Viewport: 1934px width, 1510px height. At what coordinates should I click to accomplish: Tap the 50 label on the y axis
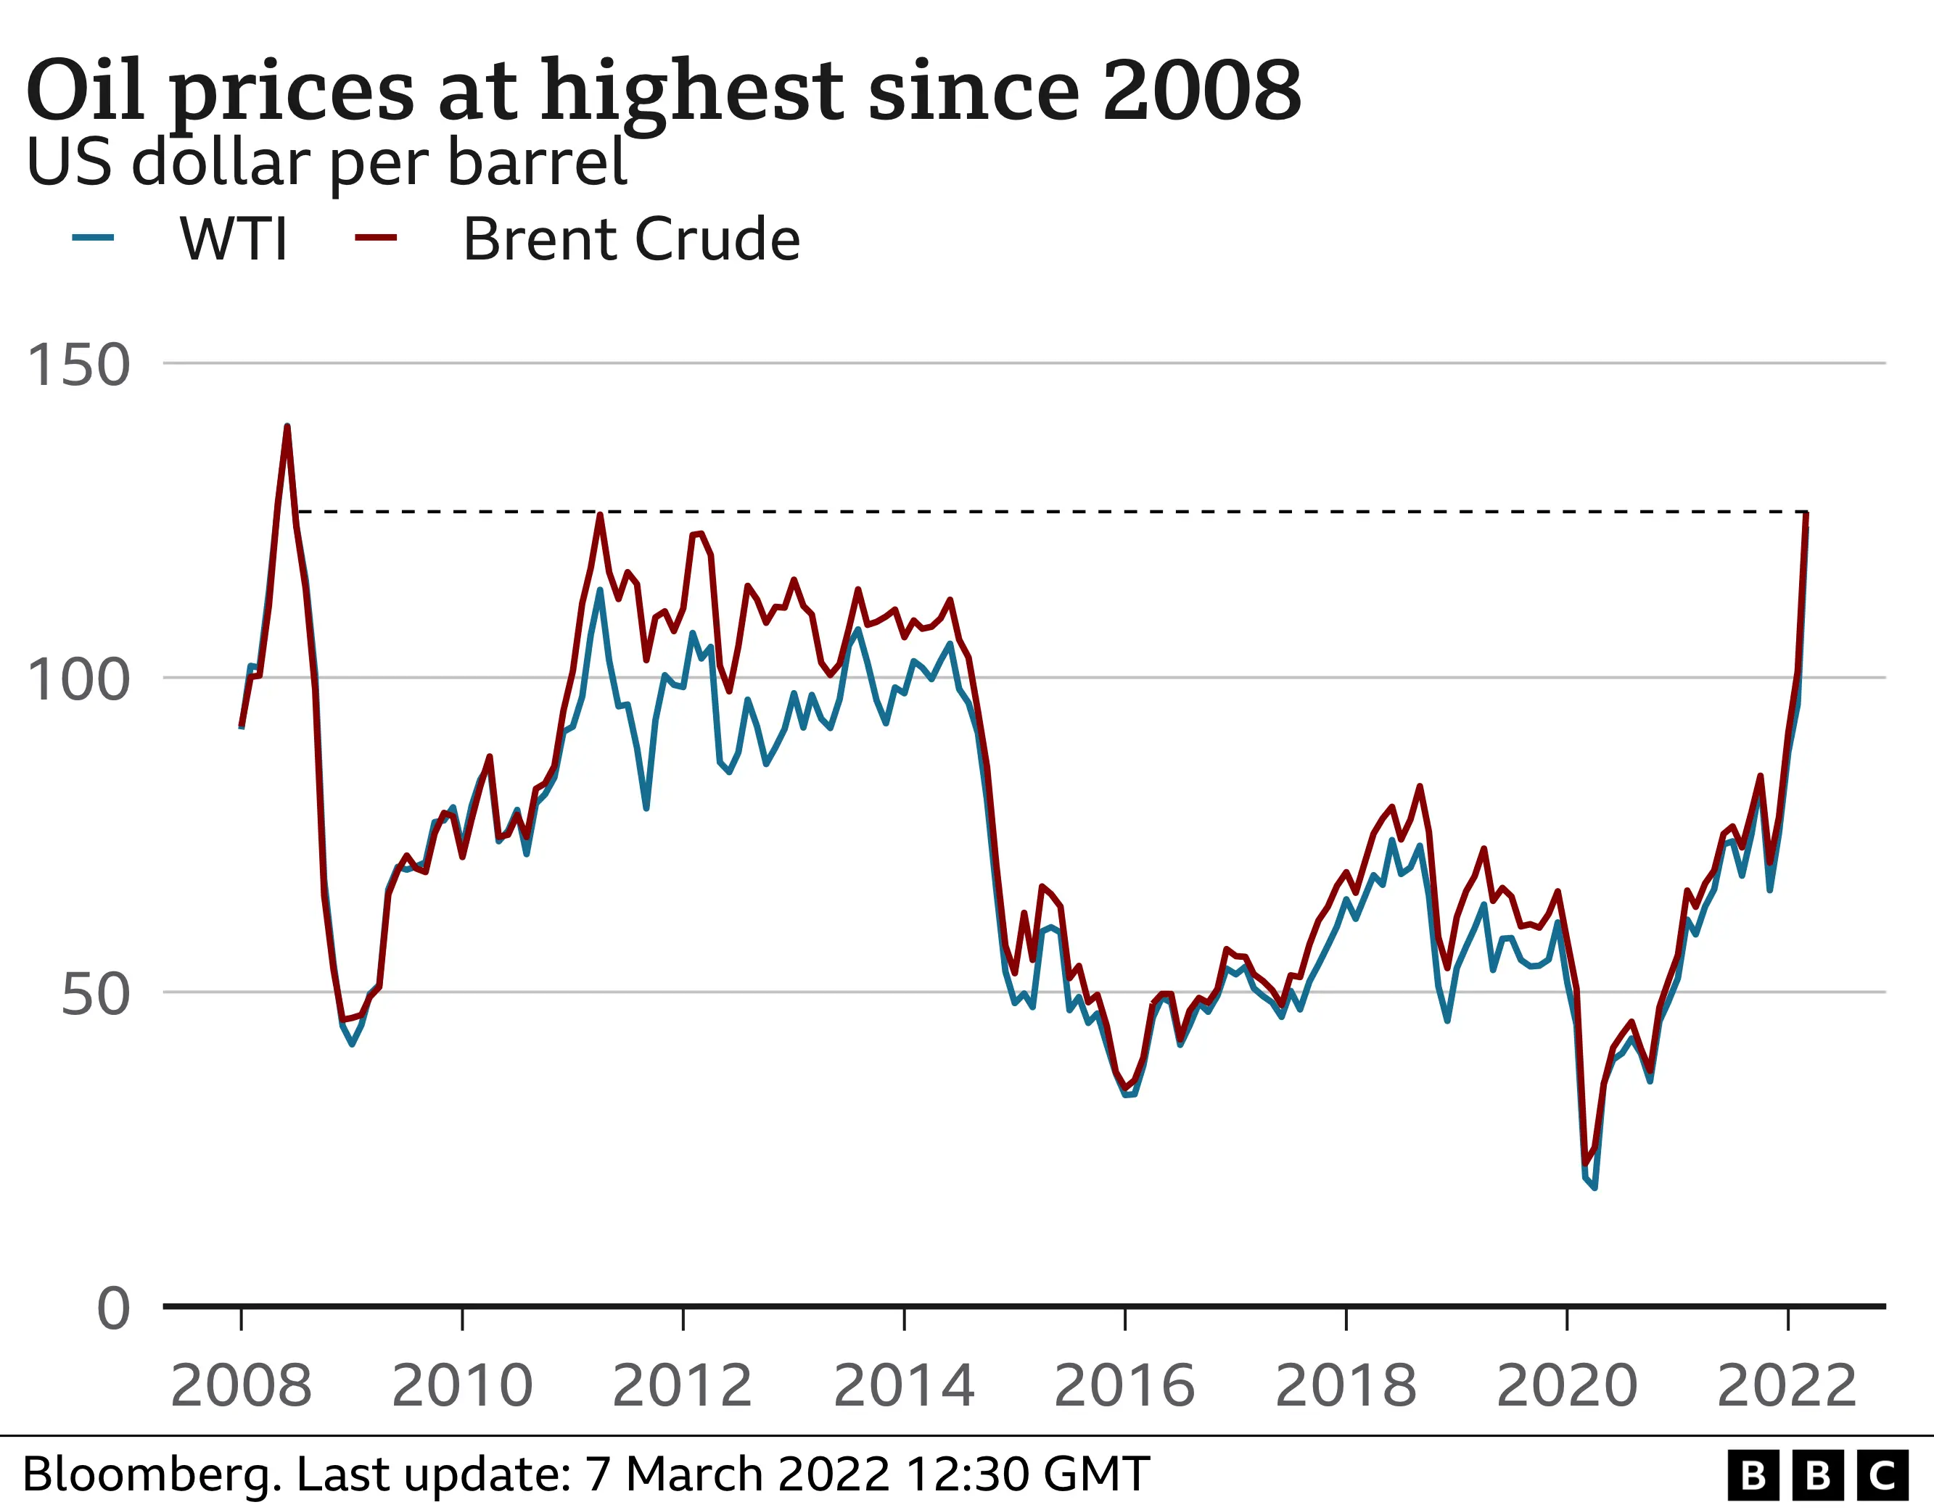point(96,994)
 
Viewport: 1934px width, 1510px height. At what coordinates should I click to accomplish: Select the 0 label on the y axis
point(113,1309)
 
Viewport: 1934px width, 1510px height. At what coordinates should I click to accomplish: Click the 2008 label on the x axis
point(241,1386)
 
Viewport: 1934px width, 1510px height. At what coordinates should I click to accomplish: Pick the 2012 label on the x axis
point(682,1386)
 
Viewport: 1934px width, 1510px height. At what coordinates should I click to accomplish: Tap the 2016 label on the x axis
point(1124,1386)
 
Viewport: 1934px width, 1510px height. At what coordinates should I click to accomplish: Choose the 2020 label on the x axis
point(1566,1386)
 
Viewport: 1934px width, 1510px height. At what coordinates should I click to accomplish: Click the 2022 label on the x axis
point(1787,1386)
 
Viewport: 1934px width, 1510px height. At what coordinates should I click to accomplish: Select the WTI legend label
point(234,239)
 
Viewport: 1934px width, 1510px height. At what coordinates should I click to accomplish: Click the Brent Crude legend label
point(631,239)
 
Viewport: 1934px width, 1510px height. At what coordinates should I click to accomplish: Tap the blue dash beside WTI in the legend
point(93,237)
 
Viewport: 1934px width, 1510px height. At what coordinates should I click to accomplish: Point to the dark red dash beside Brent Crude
point(376,237)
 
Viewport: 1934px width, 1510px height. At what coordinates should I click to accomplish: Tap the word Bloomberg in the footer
point(152,1474)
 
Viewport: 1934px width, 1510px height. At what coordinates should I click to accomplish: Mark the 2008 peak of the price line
point(287,427)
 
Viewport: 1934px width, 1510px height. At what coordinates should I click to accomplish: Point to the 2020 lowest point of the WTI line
point(1594,1187)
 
